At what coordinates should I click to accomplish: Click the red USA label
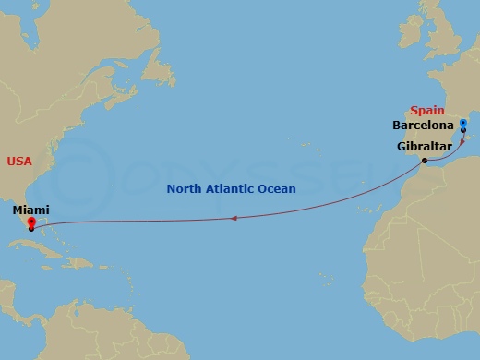pyautogui.click(x=19, y=162)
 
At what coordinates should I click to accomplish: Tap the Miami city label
pyautogui.click(x=30, y=210)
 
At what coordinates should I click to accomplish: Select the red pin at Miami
pyautogui.click(x=30, y=222)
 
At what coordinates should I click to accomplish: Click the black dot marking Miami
pyautogui.click(x=30, y=229)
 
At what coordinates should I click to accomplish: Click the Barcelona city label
pyautogui.click(x=423, y=125)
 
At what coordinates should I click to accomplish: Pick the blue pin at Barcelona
pyautogui.click(x=462, y=124)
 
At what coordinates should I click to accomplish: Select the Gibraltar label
pyautogui.click(x=424, y=147)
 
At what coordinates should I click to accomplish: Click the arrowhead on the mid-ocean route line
pyautogui.click(x=234, y=218)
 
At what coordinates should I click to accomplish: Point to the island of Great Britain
pyautogui.click(x=441, y=37)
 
